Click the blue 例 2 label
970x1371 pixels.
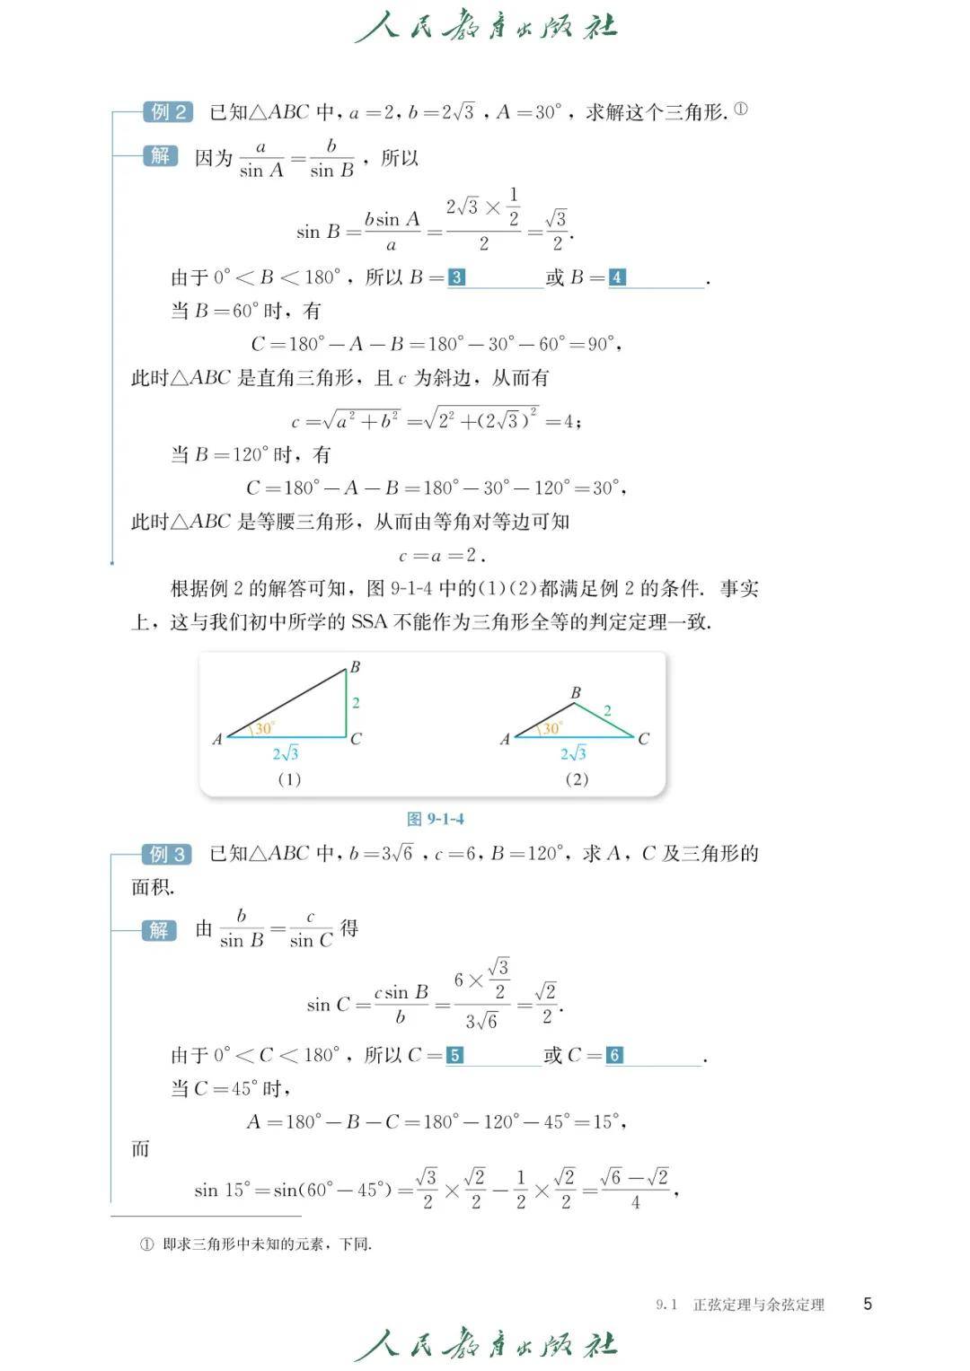point(168,112)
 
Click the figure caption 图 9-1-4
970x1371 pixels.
point(436,819)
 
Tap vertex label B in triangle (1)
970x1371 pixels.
point(355,667)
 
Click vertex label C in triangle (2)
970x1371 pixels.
point(643,739)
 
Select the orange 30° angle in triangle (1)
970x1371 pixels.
point(264,728)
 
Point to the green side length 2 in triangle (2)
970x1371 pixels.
point(607,711)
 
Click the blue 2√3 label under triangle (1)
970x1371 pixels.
point(286,753)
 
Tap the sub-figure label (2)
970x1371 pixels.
point(577,779)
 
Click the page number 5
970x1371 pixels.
point(868,1304)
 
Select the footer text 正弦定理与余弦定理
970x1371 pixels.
point(758,1305)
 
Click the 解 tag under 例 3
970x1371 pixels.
point(159,929)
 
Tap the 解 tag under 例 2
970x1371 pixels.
point(160,155)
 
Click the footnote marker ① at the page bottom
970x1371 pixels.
point(146,1244)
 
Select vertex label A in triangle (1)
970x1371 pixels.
point(216,740)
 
